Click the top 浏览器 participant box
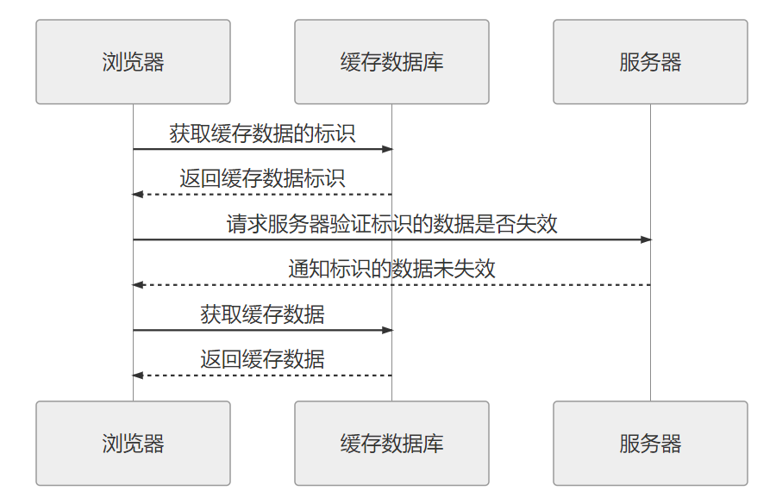[133, 62]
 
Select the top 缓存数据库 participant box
[391, 62]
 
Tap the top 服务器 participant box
[650, 62]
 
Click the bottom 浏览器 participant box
[133, 443]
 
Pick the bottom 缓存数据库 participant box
[391, 443]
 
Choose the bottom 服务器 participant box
[650, 443]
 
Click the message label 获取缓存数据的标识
[262, 134]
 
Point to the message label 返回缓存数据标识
[262, 178]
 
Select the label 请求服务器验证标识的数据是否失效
[391, 224]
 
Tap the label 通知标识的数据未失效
[391, 269]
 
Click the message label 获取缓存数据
[262, 314]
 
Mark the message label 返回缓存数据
[262, 359]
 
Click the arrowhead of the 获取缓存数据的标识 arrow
[387, 149]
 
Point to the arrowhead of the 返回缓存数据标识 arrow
[137, 195]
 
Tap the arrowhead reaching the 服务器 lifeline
[646, 239]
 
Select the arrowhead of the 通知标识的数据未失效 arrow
[137, 285]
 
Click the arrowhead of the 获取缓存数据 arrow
[387, 330]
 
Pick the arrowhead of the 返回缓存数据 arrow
[137, 376]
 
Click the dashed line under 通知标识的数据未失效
[517, 285]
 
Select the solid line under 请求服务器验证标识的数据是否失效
[517, 239]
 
